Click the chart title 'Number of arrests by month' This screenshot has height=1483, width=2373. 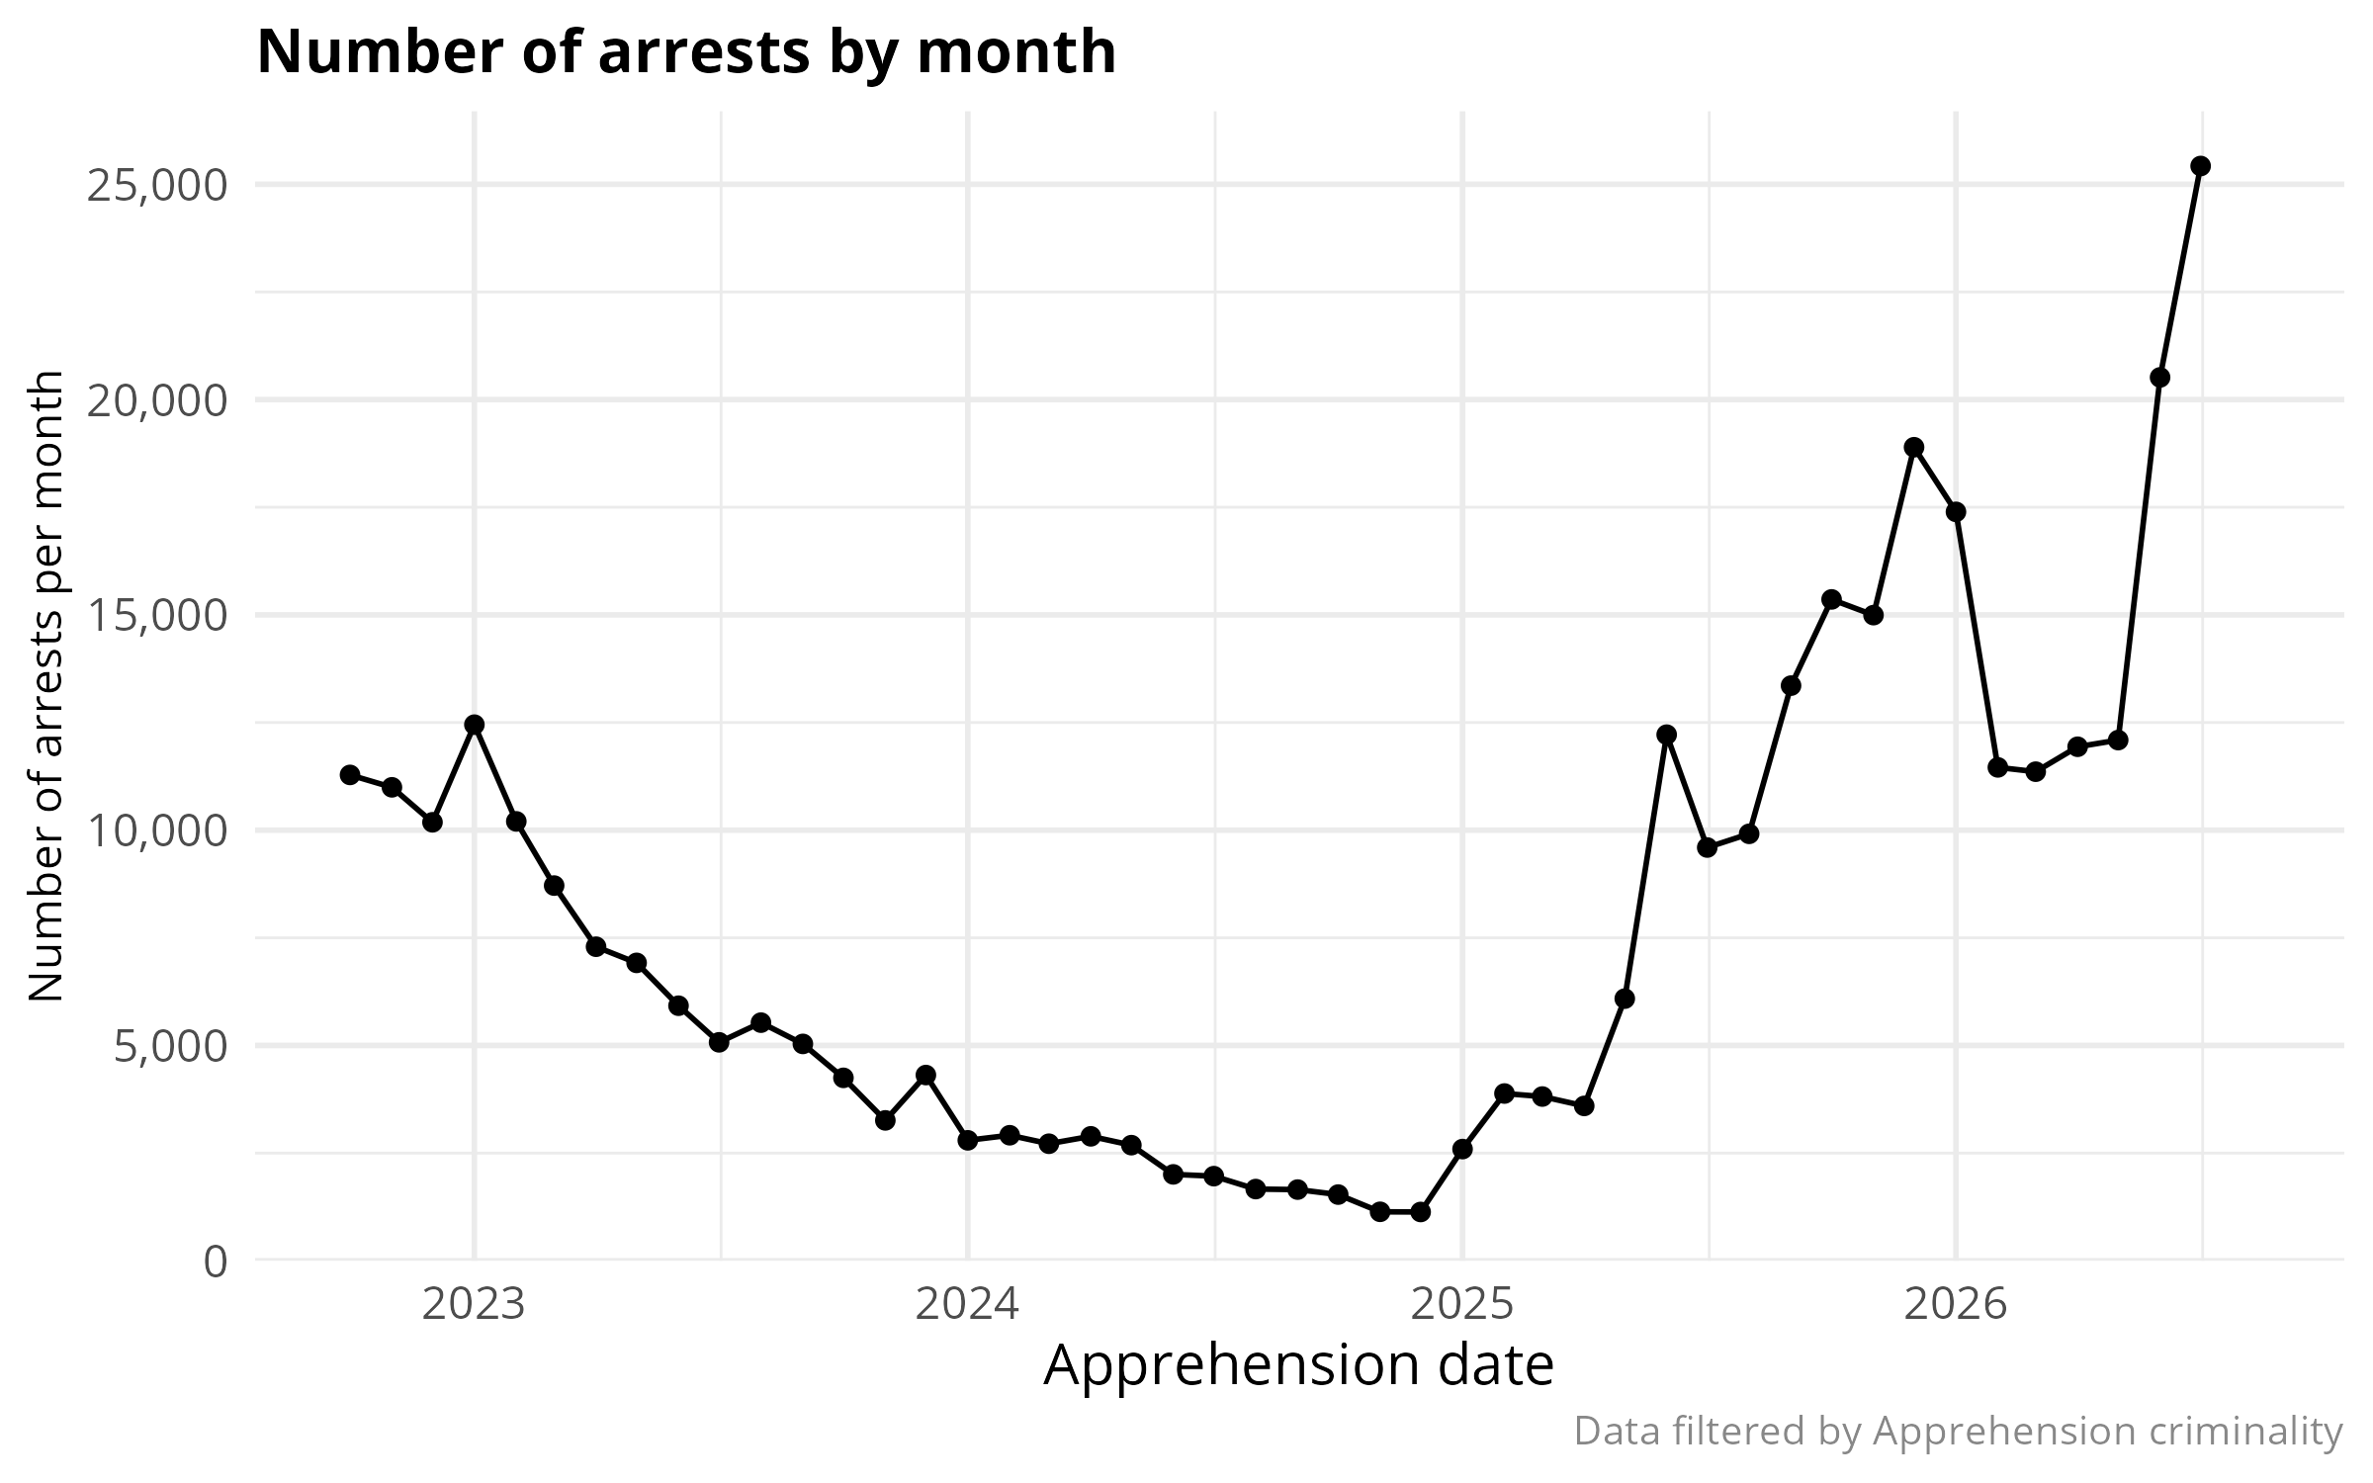point(686,51)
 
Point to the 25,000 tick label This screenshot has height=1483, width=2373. point(158,185)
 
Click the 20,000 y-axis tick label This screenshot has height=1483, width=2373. point(158,400)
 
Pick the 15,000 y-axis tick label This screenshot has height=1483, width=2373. point(158,615)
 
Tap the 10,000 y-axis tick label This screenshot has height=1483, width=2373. point(158,830)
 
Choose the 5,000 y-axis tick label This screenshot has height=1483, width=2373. point(171,1046)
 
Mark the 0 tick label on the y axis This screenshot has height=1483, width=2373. point(216,1262)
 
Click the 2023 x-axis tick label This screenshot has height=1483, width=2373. point(474,1305)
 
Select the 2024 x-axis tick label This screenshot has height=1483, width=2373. point(967,1305)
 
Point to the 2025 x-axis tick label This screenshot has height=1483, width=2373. point(1461,1305)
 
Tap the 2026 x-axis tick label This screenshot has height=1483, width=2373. point(1955,1305)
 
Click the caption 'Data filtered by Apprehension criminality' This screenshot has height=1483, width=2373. point(1958,1431)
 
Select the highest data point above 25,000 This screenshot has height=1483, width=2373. point(2200,166)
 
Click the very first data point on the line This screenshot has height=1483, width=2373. point(350,774)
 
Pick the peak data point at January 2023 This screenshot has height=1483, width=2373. point(474,725)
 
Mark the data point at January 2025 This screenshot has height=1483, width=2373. point(1461,1149)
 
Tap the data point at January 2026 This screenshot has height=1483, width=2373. point(1955,511)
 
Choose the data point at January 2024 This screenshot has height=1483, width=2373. point(967,1140)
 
